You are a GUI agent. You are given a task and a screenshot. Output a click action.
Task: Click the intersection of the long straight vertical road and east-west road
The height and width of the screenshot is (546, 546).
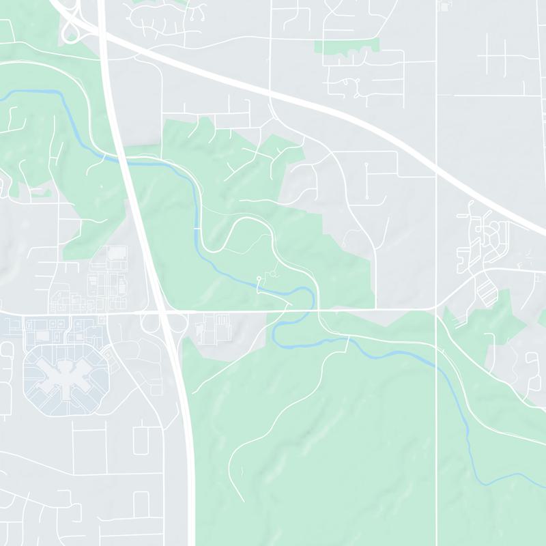point(436,310)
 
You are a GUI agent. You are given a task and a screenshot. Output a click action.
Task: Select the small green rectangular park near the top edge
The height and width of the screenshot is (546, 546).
point(347,46)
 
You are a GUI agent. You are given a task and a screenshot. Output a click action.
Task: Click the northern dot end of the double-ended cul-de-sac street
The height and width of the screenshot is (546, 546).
point(367,165)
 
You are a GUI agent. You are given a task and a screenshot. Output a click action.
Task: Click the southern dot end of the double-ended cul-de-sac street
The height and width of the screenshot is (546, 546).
point(367,197)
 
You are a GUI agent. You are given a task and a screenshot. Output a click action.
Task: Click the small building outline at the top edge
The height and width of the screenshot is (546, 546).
point(446,5)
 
